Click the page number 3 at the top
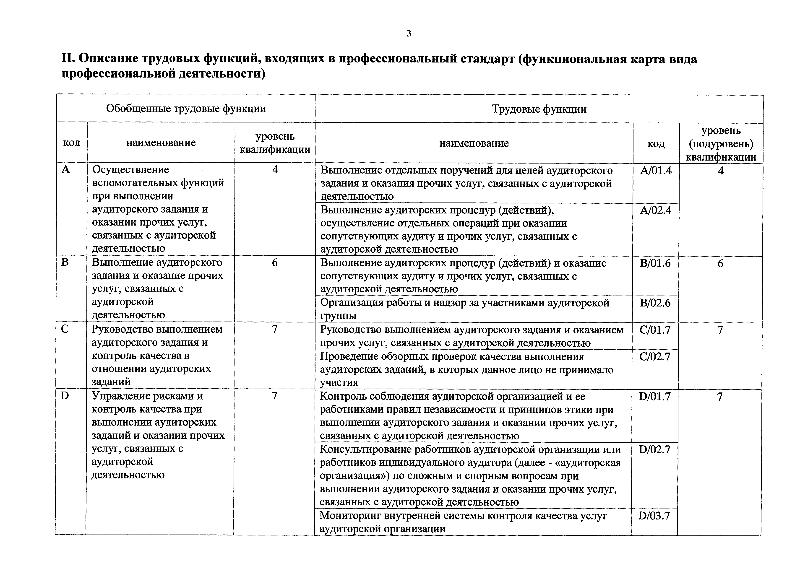point(409,34)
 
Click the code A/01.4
point(656,171)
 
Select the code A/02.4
point(655,210)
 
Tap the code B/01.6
point(655,263)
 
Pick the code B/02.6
point(655,303)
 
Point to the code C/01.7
point(655,330)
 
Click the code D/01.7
point(654,397)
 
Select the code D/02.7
point(654,450)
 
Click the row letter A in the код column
point(65,170)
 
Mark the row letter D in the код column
point(65,396)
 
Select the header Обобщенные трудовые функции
point(186,109)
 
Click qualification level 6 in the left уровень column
point(275,262)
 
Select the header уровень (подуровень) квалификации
point(721,144)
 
